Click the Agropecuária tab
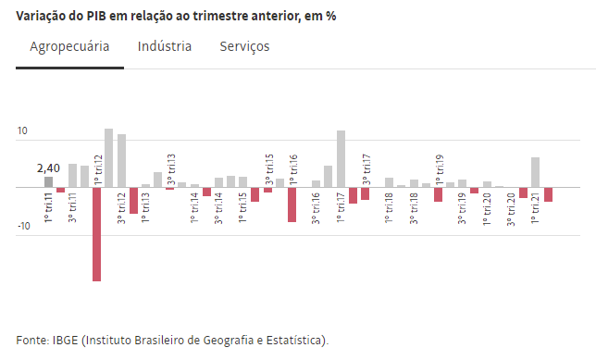pyautogui.click(x=69, y=46)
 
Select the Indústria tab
pyautogui.click(x=165, y=46)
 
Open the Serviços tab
pyautogui.click(x=244, y=46)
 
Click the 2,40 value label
pyautogui.click(x=48, y=168)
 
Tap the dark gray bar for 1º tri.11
pyautogui.click(x=48, y=182)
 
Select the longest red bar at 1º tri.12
pyautogui.click(x=96, y=234)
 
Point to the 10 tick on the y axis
pyautogui.click(x=22, y=130)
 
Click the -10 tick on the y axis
pyautogui.click(x=23, y=226)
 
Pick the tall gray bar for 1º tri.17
pyautogui.click(x=341, y=159)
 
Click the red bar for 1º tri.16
pyautogui.click(x=292, y=205)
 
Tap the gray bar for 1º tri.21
pyautogui.click(x=535, y=172)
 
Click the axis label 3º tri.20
pyautogui.click(x=511, y=209)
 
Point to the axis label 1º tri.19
pyautogui.click(x=439, y=169)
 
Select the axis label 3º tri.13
pyautogui.click(x=171, y=169)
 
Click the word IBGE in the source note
pyautogui.click(x=65, y=340)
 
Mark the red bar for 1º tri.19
pyautogui.click(x=439, y=194)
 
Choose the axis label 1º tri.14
pyautogui.click(x=194, y=208)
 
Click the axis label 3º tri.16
pyautogui.click(x=316, y=208)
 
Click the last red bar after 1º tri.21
pyautogui.click(x=548, y=194)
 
